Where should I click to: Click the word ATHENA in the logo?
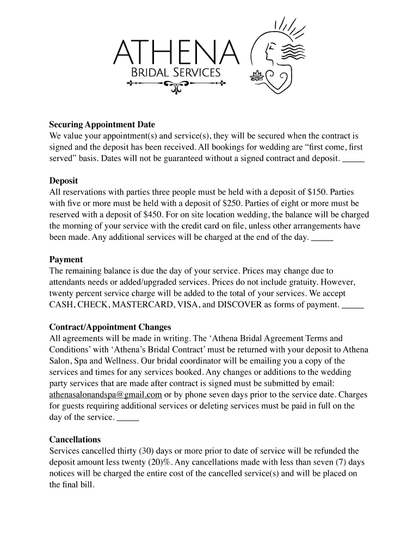(175, 53)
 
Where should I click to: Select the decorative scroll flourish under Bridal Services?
(176, 85)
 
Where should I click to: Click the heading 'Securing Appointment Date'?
(102, 125)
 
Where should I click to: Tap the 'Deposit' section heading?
(64, 181)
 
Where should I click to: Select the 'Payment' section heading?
(66, 259)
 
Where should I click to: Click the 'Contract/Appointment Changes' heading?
(110, 327)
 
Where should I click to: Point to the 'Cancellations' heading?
(75, 439)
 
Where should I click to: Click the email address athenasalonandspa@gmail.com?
(106, 394)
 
